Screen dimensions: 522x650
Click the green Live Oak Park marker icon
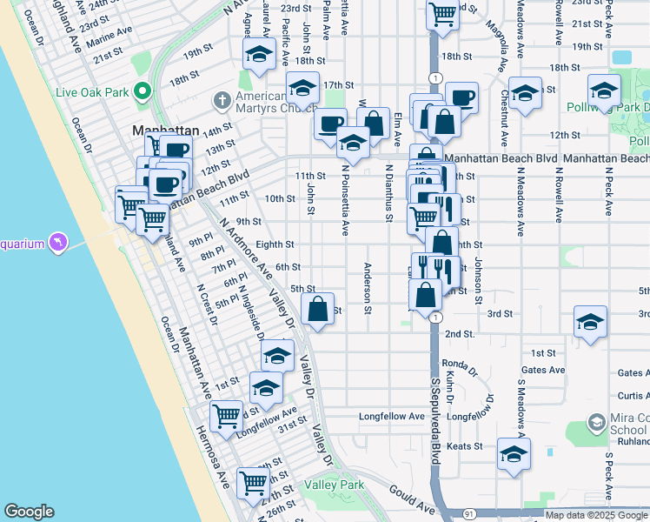[x=140, y=92]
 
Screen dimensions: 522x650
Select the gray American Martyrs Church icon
[x=222, y=101]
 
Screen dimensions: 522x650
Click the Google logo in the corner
[x=30, y=512]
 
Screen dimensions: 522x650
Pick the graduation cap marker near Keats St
[x=514, y=454]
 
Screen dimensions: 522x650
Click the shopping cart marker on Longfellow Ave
[x=226, y=415]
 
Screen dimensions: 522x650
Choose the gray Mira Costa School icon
[x=596, y=423]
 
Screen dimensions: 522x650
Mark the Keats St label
[x=465, y=446]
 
